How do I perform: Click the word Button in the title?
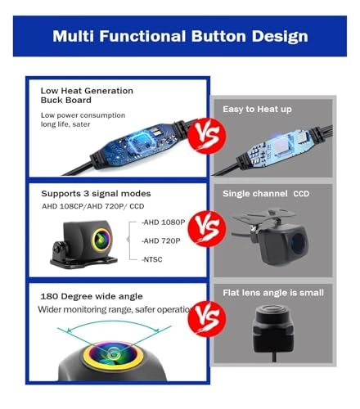click(x=218, y=36)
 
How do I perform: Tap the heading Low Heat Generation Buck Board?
click(x=87, y=95)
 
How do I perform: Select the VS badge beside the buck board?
click(x=208, y=136)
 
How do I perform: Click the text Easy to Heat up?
click(x=257, y=109)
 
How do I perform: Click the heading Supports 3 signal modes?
click(x=96, y=194)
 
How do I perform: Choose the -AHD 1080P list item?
click(x=163, y=222)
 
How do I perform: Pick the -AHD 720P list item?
click(x=161, y=240)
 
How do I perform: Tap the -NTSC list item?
click(x=152, y=259)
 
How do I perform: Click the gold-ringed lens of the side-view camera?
click(x=101, y=239)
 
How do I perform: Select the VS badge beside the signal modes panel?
click(x=208, y=228)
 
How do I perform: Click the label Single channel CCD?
click(x=266, y=194)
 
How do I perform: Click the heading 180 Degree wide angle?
click(x=92, y=296)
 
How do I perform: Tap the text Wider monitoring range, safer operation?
click(x=115, y=309)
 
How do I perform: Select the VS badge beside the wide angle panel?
click(x=208, y=319)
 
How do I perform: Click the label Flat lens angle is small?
click(x=273, y=293)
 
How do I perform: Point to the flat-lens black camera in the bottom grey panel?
click(x=273, y=329)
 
